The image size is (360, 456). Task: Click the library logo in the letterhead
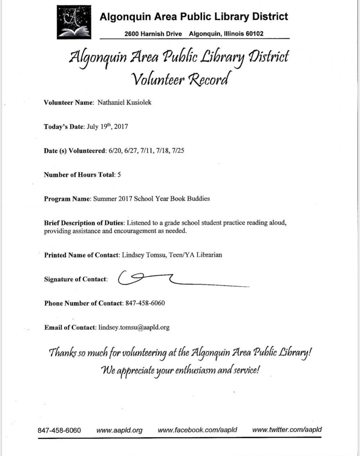click(74, 22)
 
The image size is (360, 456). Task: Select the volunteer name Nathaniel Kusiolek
click(124, 103)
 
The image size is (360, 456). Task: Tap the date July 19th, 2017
click(107, 126)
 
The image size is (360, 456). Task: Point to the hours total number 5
click(119, 175)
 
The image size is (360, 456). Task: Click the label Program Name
click(67, 199)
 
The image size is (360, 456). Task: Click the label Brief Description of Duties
click(84, 223)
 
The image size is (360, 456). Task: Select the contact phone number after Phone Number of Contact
click(145, 304)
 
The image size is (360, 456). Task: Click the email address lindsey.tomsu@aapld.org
click(134, 327)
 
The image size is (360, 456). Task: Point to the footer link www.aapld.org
click(119, 430)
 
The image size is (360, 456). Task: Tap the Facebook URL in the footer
click(197, 430)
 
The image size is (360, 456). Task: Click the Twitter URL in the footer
click(287, 430)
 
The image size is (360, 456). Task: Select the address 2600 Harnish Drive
click(153, 34)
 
